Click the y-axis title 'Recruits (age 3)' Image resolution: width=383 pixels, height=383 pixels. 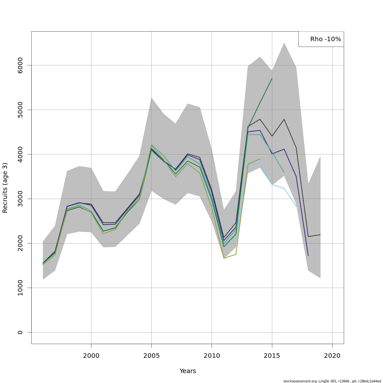[5, 188]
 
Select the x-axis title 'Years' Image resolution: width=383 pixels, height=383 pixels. [188, 371]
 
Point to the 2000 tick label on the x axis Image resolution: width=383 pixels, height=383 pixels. [91, 356]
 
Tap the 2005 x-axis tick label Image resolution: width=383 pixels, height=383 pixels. [151, 356]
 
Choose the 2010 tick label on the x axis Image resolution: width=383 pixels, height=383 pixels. [212, 356]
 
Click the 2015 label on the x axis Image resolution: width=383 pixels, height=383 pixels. [272, 356]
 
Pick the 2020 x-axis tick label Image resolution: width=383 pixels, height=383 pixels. [332, 356]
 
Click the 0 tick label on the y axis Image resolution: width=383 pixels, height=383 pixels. [20, 332]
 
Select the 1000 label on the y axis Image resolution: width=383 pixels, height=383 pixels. [20, 288]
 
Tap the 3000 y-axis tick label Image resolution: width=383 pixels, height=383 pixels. [20, 199]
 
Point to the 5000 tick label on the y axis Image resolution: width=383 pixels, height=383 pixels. [20, 110]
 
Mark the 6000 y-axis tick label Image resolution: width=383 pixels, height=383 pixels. [20, 65]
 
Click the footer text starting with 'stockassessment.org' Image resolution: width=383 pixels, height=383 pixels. [332, 381]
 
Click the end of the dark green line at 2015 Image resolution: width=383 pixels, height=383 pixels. [272, 78]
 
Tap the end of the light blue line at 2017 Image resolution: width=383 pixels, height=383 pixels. [296, 206]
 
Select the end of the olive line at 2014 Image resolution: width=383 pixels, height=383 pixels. [260, 159]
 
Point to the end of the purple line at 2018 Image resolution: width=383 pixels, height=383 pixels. [308, 256]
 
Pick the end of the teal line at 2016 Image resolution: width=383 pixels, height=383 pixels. [284, 172]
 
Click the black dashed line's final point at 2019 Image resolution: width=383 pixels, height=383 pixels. [320, 235]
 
